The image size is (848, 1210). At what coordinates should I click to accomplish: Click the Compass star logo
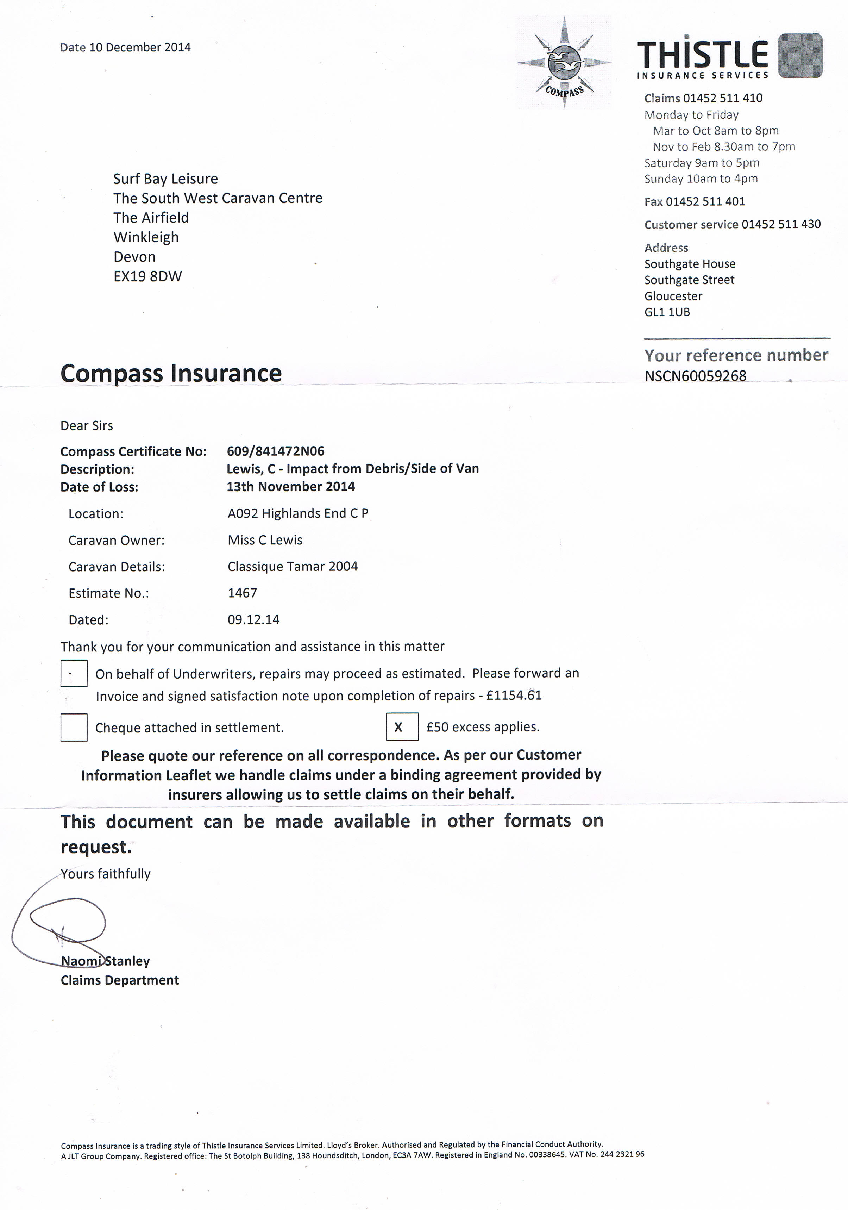click(x=564, y=63)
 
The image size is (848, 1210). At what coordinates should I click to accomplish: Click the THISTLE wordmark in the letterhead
click(x=702, y=55)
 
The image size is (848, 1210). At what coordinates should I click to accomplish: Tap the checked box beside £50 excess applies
click(x=402, y=727)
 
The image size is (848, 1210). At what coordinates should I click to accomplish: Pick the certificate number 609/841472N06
click(x=276, y=451)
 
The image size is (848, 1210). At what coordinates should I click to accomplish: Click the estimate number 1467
click(x=242, y=593)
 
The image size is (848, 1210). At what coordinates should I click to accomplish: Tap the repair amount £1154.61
click(x=514, y=696)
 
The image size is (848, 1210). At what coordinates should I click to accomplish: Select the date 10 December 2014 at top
click(x=140, y=48)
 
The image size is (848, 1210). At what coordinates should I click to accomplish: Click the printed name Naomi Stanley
click(x=105, y=961)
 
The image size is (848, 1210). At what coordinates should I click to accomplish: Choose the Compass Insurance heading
click(x=171, y=373)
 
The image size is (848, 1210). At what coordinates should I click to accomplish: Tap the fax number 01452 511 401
click(x=705, y=201)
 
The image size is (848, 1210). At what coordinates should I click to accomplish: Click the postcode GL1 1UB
click(x=667, y=312)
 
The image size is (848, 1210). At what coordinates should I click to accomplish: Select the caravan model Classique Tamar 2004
click(x=292, y=567)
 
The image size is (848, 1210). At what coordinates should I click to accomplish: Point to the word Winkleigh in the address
click(x=146, y=237)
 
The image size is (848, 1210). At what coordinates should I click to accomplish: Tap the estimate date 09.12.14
click(x=253, y=620)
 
